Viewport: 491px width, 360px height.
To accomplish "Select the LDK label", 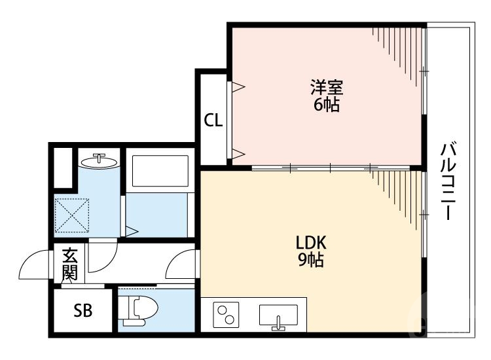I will click(x=312, y=243).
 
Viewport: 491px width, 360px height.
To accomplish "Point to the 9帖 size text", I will click(x=312, y=260).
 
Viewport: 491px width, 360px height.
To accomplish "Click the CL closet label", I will click(x=213, y=120).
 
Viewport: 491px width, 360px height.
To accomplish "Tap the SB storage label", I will click(x=82, y=310).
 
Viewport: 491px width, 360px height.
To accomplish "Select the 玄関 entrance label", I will click(x=69, y=263).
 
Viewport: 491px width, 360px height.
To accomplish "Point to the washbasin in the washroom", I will click(x=100, y=160).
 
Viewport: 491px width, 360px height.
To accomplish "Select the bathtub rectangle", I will click(x=160, y=171).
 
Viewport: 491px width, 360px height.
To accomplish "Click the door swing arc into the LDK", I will click(x=181, y=267).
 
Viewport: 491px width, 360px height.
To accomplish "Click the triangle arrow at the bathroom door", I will click(x=132, y=230).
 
